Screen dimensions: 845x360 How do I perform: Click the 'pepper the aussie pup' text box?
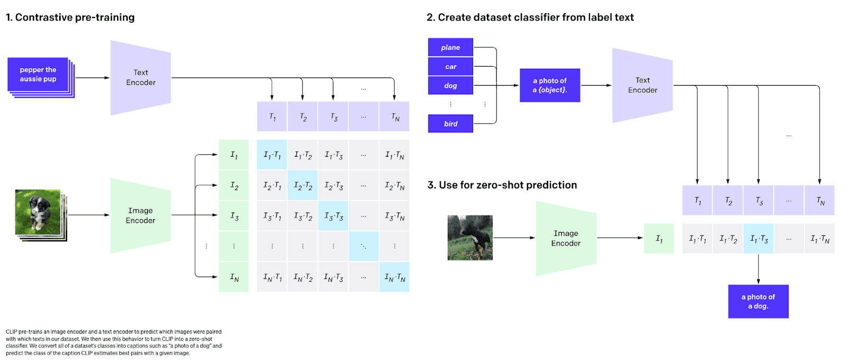37,74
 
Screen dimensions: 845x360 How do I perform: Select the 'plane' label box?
450,47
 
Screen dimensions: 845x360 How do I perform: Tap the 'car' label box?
450,67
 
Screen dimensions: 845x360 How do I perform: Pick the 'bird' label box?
450,124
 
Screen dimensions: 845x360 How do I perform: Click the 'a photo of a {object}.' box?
550,85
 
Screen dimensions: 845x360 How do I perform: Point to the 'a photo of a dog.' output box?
758,301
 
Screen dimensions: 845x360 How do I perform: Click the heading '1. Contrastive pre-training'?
70,17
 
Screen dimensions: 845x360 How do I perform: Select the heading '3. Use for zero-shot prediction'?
502,185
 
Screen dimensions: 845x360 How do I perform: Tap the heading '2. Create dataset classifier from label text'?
530,17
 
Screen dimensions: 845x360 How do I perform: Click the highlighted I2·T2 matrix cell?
303,185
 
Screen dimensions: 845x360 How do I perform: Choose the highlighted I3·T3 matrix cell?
333,215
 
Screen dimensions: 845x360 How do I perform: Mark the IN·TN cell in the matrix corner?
394,277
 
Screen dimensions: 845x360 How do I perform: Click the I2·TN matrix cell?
394,185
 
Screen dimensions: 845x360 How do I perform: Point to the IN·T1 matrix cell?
272,277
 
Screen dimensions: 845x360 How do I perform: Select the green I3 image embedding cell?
234,215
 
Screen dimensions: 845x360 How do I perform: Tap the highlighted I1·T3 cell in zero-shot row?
758,238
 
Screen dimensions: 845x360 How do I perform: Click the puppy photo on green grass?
37,212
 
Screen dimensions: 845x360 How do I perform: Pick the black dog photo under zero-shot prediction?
470,238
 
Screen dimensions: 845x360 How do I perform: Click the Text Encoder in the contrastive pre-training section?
140,78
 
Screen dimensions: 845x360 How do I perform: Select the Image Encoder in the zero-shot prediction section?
566,238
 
